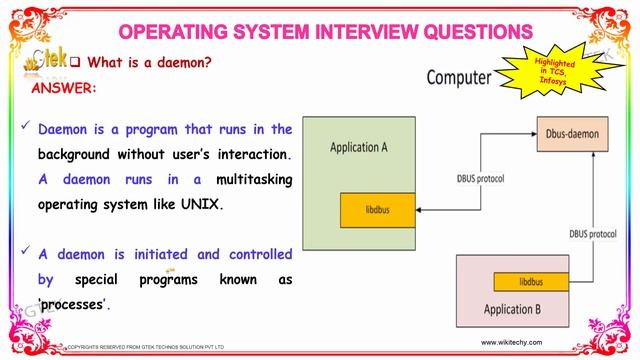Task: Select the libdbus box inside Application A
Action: point(376,210)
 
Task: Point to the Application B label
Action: point(513,309)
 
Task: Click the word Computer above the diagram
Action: point(459,76)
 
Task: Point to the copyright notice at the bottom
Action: point(145,347)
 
